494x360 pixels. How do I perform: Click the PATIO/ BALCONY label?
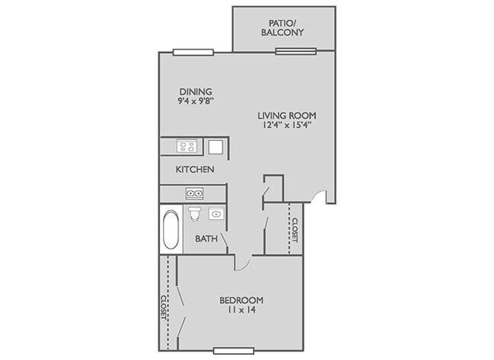point(282,27)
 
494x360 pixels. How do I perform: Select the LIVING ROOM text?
point(286,115)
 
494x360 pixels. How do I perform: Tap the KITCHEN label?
point(195,169)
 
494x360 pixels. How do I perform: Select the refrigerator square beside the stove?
point(216,147)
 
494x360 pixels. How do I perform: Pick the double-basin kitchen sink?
point(194,194)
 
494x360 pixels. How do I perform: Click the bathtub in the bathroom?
point(171,230)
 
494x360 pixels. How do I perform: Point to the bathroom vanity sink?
point(216,215)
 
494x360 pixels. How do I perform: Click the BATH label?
point(206,239)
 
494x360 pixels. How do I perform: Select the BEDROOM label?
point(241,300)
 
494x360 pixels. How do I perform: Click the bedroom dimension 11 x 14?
point(241,311)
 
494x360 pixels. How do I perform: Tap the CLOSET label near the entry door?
point(295,229)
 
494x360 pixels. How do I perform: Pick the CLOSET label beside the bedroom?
point(164,309)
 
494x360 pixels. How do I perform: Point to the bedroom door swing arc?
point(242,263)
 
